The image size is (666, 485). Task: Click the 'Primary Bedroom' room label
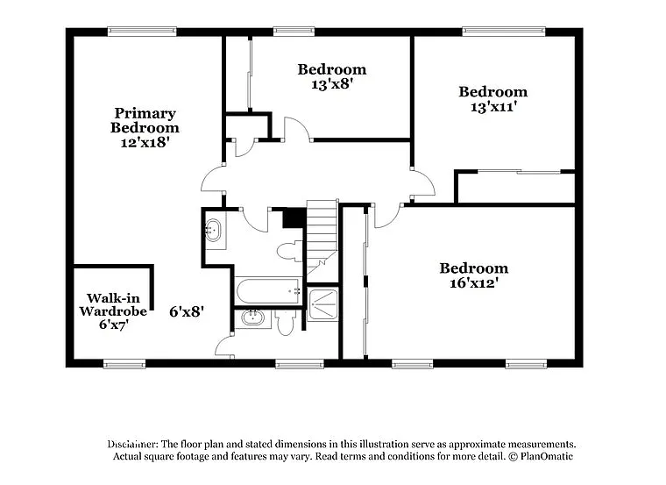point(145,120)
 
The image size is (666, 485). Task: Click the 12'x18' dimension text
point(145,141)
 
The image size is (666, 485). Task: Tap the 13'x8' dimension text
point(331,84)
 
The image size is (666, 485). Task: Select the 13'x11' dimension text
point(492,107)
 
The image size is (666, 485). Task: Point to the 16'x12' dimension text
point(473,283)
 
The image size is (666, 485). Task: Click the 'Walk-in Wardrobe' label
point(113,304)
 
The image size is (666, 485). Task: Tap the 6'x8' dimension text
point(187,311)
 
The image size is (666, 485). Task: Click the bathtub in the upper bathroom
point(268,290)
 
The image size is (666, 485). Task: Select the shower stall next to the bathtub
point(322,303)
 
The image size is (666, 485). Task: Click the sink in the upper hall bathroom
point(213,232)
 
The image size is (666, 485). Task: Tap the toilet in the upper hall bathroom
point(288,252)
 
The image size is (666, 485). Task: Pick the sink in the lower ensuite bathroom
point(252,317)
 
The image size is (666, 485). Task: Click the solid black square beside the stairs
point(294,218)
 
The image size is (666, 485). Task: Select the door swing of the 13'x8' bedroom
point(297,130)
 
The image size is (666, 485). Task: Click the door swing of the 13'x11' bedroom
point(423,183)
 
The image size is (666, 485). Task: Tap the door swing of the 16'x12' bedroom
point(386,216)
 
